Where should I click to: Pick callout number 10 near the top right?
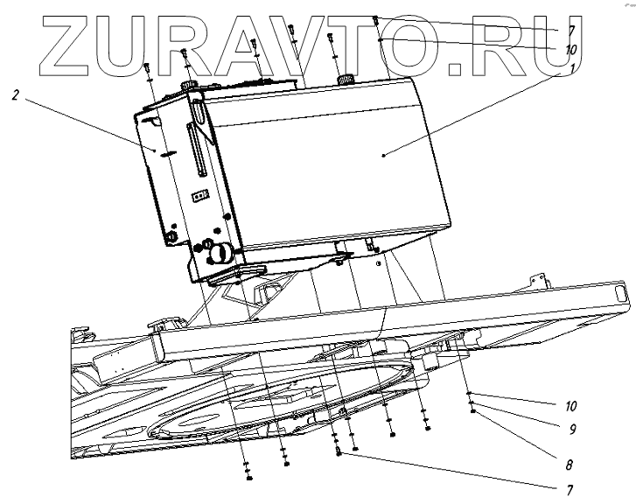[570, 49]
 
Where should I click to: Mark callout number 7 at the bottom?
[570, 489]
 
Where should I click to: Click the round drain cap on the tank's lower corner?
[220, 253]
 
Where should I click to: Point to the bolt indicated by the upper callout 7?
[375, 19]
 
